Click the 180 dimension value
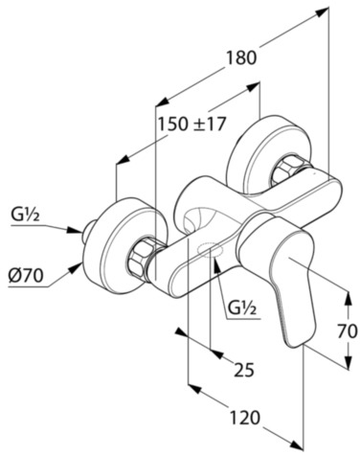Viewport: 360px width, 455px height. coord(241,58)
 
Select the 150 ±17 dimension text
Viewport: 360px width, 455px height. coord(192,124)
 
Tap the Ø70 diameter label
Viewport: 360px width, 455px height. coord(26,275)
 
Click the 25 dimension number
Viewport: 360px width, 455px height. coord(244,370)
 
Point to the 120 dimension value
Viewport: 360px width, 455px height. coord(244,418)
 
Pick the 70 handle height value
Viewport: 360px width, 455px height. coord(348,331)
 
